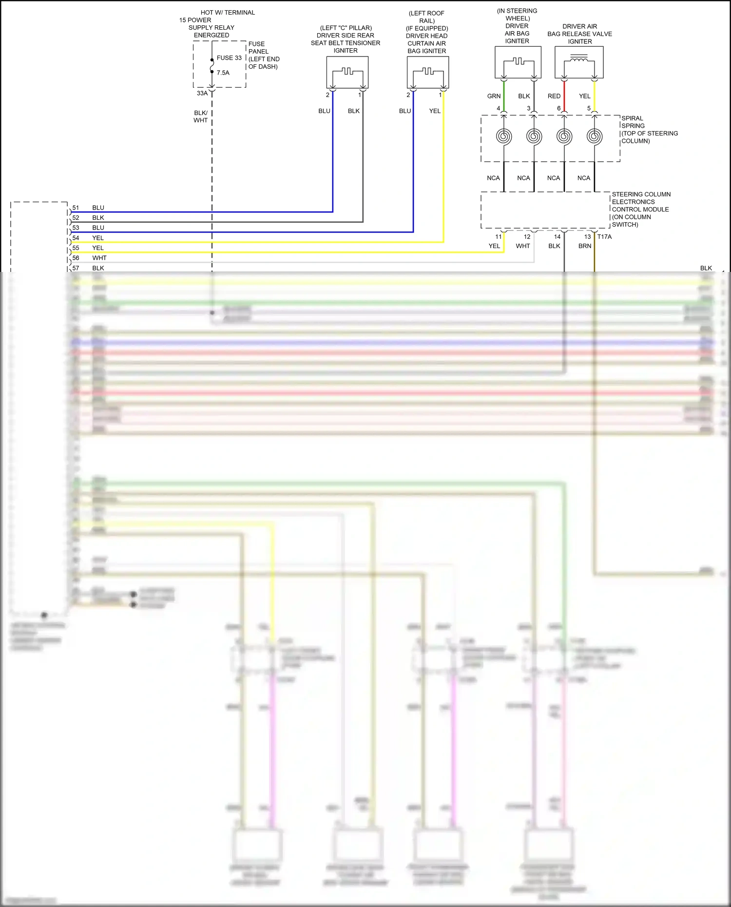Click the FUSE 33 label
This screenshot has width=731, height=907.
(x=229, y=58)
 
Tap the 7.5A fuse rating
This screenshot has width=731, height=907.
(x=223, y=73)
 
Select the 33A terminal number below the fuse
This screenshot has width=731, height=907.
(x=202, y=94)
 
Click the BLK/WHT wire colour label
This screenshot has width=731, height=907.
(x=201, y=116)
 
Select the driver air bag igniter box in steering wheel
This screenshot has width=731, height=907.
(x=518, y=62)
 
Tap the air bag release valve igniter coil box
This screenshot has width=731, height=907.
(x=579, y=62)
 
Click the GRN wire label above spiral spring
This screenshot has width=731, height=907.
(x=494, y=96)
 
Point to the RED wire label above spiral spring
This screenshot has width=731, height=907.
(x=554, y=96)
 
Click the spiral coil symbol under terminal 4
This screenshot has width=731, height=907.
(x=504, y=136)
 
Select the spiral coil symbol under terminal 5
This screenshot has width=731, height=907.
(x=594, y=136)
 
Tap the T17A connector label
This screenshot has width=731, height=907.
(x=604, y=237)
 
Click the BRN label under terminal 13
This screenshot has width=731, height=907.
(x=585, y=246)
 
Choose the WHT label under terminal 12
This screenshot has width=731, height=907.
(x=523, y=246)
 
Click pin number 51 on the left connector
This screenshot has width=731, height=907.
(x=76, y=208)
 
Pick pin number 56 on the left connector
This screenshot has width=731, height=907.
(x=76, y=258)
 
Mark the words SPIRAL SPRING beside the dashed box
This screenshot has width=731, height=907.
(x=633, y=122)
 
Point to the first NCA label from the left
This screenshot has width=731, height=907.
(x=493, y=178)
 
